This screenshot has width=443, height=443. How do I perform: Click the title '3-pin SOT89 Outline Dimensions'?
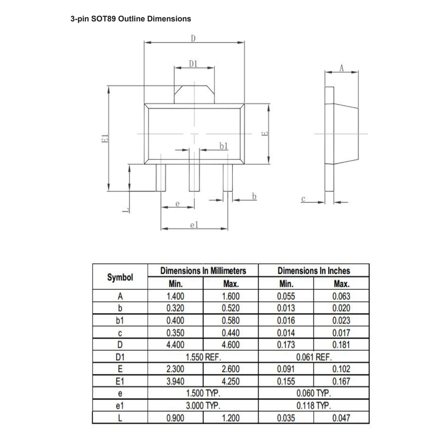pos(131,19)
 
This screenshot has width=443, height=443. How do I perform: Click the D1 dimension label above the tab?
pos(193,64)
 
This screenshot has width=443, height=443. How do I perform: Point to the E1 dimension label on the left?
pos(105,138)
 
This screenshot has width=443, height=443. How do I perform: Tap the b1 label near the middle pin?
pos(223,146)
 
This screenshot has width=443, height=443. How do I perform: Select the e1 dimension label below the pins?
pos(194,225)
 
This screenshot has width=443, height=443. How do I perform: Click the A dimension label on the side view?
pos(342,68)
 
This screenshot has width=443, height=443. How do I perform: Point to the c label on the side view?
pos(303,199)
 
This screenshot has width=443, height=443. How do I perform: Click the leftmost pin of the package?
pos(161,178)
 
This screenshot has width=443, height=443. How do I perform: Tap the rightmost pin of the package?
pos(228,178)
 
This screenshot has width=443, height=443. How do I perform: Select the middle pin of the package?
pos(194,178)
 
